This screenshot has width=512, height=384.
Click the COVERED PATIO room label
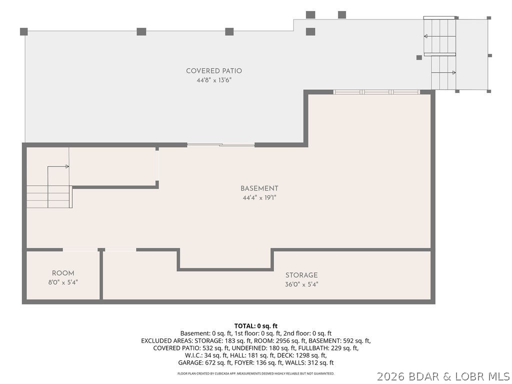[214, 71]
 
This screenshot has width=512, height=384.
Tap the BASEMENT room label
[259, 188]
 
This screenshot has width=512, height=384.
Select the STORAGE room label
[301, 275]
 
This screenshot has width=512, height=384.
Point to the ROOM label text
[63, 273]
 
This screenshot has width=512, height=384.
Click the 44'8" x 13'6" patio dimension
[214, 80]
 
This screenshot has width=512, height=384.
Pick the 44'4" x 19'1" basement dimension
[259, 197]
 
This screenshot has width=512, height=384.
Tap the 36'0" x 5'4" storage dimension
[301, 284]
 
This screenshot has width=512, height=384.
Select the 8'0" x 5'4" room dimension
[63, 282]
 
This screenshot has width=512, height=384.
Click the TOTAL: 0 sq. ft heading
[256, 326]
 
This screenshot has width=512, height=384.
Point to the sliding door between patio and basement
[220, 144]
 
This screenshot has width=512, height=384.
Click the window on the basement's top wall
[376, 92]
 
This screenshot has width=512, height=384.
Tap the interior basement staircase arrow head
[67, 166]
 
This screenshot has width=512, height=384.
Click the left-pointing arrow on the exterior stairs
[426, 36]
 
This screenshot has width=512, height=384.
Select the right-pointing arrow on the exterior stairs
[454, 72]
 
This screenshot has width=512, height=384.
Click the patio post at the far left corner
[24, 31]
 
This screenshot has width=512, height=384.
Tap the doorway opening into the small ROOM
[80, 250]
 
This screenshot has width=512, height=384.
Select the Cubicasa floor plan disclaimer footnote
[256, 373]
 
